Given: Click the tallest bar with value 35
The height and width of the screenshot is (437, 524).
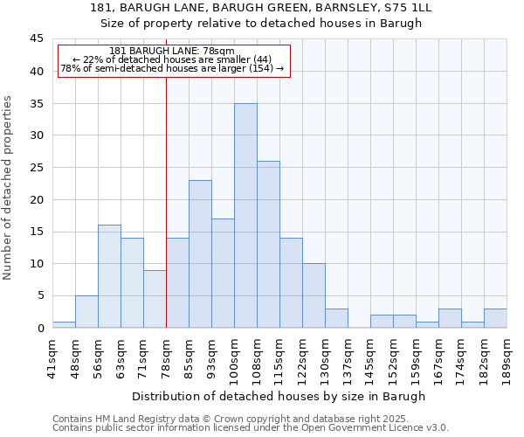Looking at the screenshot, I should point(245,216).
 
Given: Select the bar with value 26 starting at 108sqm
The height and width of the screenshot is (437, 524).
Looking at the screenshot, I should point(268,245).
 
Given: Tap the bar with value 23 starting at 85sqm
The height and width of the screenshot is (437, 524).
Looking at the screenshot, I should point(200,254).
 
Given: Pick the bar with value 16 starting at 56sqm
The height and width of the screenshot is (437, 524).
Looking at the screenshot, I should point(109,276).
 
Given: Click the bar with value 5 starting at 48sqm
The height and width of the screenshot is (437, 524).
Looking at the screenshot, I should point(86,311).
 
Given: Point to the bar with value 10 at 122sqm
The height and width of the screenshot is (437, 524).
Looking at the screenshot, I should point(314,295).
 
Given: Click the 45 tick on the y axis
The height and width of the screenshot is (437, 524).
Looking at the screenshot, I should point(37,39).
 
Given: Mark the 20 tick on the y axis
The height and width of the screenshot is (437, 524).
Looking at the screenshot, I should point(37,199).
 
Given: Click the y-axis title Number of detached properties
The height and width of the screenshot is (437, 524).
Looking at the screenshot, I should point(8,188).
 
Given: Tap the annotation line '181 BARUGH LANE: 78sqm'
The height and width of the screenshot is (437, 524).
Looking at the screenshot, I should point(172,52).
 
